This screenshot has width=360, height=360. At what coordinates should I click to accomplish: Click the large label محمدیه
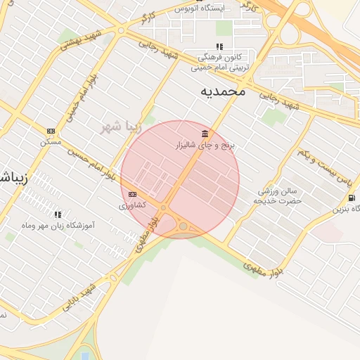[x=223, y=91]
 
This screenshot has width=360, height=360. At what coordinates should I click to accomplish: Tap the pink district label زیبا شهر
[x=120, y=127]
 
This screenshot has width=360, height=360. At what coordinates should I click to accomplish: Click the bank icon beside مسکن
[x=51, y=131]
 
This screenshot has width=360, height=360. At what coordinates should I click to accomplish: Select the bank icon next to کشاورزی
[x=132, y=195]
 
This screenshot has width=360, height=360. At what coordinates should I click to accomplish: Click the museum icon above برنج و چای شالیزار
[x=205, y=134]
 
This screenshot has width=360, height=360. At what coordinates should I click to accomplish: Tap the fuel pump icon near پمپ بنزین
[x=351, y=198]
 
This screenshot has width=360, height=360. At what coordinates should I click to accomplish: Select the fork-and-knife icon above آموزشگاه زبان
[x=58, y=214]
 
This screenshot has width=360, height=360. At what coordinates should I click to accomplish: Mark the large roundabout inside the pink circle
[x=184, y=226]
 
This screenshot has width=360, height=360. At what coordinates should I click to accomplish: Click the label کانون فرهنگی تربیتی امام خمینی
[x=220, y=63]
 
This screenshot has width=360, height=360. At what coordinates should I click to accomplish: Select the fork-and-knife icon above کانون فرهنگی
[x=219, y=47]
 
